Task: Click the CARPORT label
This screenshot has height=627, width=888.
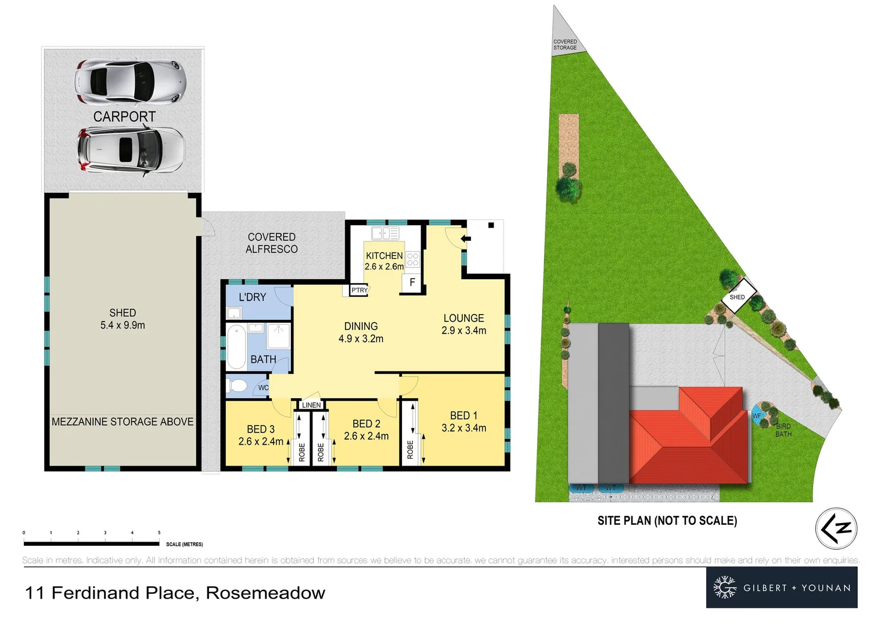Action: [x=124, y=117]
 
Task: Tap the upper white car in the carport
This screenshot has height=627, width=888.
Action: [x=130, y=80]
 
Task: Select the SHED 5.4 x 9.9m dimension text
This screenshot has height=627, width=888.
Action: [x=123, y=319]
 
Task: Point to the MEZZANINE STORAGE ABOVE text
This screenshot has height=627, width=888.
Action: [x=123, y=421]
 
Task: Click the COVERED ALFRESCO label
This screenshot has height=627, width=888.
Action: [x=271, y=243]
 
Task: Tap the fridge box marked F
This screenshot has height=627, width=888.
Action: [x=412, y=283]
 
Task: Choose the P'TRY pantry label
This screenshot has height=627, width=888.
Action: [x=359, y=290]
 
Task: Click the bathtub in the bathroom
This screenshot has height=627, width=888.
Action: [x=236, y=347]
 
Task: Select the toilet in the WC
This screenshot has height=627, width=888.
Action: [x=238, y=385]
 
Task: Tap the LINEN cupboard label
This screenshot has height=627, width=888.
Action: [x=311, y=405]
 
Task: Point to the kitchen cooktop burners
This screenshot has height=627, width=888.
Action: [x=412, y=259]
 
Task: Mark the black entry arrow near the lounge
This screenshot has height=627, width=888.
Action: [x=466, y=238]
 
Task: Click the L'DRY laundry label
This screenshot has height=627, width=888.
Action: [x=252, y=297]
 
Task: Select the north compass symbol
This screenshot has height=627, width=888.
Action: [x=836, y=528]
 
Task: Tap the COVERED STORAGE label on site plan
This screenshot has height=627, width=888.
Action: [x=565, y=45]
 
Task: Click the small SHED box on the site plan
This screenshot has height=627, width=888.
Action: [x=738, y=297]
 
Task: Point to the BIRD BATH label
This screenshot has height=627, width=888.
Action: [x=783, y=430]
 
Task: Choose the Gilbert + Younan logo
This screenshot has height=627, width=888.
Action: [x=782, y=588]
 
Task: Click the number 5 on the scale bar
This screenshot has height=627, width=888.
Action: [x=159, y=532]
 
